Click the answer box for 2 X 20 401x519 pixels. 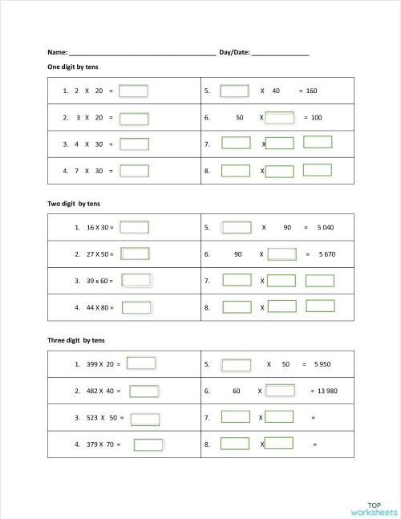click(133, 91)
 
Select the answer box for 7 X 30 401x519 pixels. click(134, 171)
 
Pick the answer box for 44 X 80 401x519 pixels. click(136, 307)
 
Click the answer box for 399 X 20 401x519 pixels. click(141, 363)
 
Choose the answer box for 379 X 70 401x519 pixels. click(148, 444)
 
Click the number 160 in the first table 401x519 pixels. click(312, 91)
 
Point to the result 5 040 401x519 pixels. click(325, 228)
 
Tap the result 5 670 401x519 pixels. click(326, 254)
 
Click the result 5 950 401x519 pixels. click(322, 364)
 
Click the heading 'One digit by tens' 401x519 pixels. click(73, 67)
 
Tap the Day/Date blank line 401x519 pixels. click(280, 53)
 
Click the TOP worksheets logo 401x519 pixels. click(373, 507)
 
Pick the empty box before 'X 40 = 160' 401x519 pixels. click(234, 91)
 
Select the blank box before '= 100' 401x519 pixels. click(279, 118)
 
